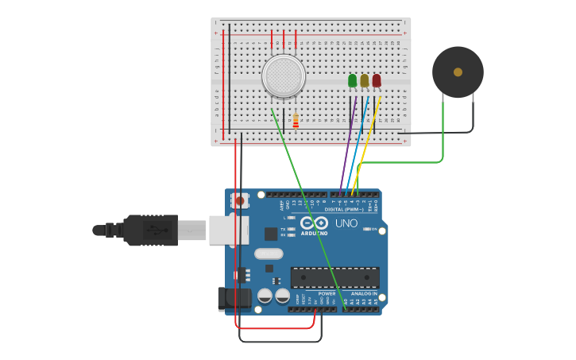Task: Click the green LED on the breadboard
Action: [352, 80]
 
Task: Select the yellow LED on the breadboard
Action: [364, 80]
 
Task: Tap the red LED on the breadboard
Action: [376, 80]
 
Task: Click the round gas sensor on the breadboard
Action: [284, 76]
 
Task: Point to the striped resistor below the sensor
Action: [296, 121]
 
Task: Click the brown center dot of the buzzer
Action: [458, 72]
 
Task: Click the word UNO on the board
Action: [346, 224]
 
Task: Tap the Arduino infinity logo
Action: [314, 223]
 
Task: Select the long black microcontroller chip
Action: [334, 277]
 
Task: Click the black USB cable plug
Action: [150, 230]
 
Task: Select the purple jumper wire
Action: [348, 143]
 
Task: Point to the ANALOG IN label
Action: [365, 293]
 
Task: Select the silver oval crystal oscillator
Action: [269, 254]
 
